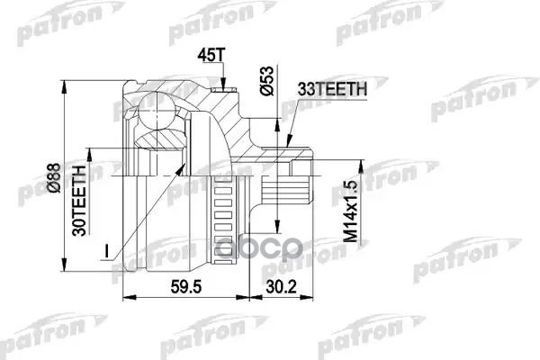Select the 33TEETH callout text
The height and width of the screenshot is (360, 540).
tap(330, 88)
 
